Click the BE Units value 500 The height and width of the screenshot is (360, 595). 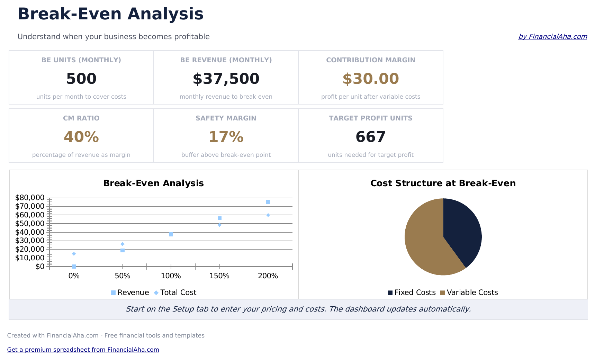pos(81,79)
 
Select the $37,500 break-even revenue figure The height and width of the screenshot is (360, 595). pos(226,79)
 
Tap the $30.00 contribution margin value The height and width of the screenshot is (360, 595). pos(371,79)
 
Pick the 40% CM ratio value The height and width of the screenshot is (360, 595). pos(81,137)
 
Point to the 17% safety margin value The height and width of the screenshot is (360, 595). pos(226,137)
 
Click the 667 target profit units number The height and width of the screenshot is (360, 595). pos(371,137)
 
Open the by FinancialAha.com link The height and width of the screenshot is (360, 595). pos(552,37)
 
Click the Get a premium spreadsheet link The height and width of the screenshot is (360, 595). pos(83,350)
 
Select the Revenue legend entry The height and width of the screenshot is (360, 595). pos(130,292)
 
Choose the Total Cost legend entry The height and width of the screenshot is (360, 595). pos(175,292)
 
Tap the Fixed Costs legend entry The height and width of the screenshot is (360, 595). pos(412,292)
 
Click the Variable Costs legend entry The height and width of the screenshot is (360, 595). pos(469,292)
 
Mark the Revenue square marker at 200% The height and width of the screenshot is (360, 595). pos(268,202)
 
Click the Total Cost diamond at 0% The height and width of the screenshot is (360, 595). pos(74,254)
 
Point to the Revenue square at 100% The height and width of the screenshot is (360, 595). pos(171,234)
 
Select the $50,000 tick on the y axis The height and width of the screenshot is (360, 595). pos(30,224)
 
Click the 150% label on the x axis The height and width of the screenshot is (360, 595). pos(219,276)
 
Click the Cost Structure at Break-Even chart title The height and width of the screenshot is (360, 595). pos(443,183)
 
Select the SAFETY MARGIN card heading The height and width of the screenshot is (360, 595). pos(226,118)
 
